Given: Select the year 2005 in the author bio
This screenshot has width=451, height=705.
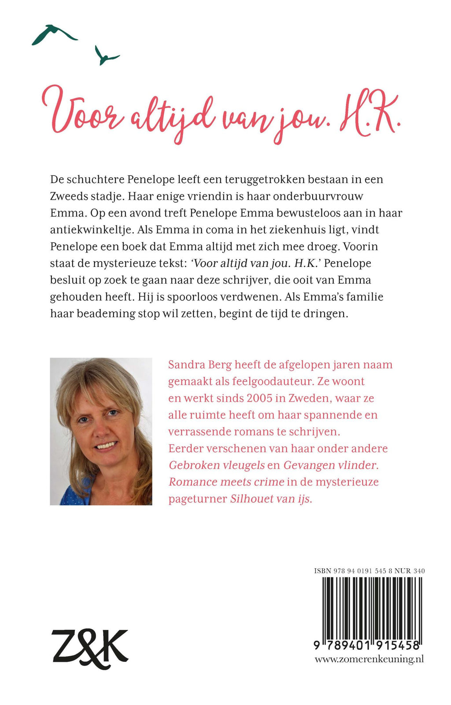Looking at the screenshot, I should pyautogui.click(x=259, y=398).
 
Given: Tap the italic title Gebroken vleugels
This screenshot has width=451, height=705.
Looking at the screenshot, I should pyautogui.click(x=217, y=465).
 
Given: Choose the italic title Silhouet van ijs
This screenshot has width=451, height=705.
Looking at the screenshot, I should pyautogui.click(x=271, y=499).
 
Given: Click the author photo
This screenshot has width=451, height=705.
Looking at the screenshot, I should pyautogui.click(x=101, y=431).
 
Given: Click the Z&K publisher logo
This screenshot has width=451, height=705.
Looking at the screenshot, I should pyautogui.click(x=90, y=648).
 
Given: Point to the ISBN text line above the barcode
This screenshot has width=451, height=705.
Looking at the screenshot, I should pyautogui.click(x=369, y=571).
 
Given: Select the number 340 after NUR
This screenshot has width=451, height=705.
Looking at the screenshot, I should pyautogui.click(x=419, y=571).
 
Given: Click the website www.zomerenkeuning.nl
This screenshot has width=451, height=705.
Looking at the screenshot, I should pyautogui.click(x=369, y=659).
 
